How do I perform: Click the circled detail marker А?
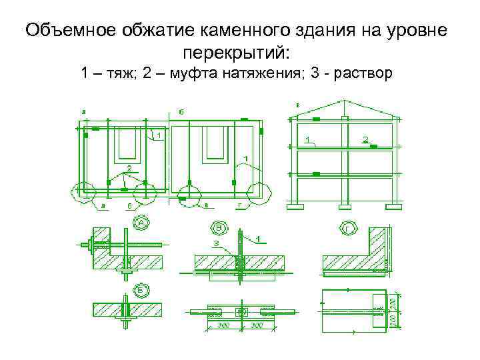coord(140,223)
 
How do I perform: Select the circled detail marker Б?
coord(140,291)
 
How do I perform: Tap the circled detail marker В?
coord(220,229)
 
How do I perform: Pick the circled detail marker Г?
coord(347,229)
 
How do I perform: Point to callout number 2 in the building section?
coord(365,139)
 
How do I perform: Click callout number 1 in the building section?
coord(307,139)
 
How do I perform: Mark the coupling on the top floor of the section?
coord(316,118)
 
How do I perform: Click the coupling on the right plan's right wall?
coord(261,131)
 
